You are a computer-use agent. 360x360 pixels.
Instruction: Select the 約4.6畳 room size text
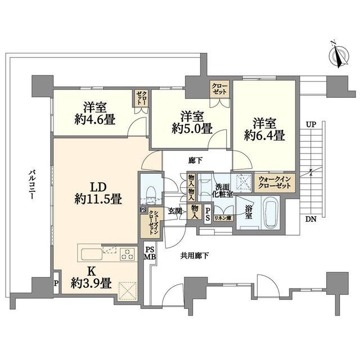click(x=95, y=120)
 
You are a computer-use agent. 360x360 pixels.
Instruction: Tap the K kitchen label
click(x=91, y=272)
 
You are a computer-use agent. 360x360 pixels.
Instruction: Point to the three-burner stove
click(x=128, y=254)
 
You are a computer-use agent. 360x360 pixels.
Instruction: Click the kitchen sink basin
click(x=92, y=255)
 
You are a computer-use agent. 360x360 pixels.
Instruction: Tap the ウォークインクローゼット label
click(x=274, y=182)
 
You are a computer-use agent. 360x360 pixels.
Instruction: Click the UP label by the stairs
click(x=311, y=125)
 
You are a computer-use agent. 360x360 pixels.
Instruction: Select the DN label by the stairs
click(x=311, y=219)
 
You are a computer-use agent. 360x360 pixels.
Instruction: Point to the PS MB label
click(x=150, y=253)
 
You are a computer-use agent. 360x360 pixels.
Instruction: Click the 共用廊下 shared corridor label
click(x=195, y=255)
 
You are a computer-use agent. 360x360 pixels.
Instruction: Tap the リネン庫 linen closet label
click(x=223, y=218)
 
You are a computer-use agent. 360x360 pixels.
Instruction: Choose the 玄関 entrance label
click(x=175, y=211)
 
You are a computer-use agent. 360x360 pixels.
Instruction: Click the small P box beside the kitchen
click(x=56, y=283)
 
